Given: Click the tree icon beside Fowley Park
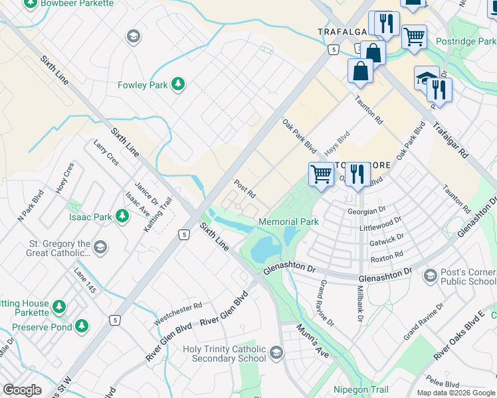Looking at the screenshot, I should (x=177, y=84).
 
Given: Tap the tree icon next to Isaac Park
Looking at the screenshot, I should (x=122, y=216).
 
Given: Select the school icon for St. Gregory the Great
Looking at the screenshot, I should (x=100, y=248).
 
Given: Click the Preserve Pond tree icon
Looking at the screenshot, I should (x=81, y=326).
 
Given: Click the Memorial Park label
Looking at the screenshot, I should (x=288, y=222).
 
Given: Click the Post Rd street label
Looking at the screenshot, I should (x=245, y=188).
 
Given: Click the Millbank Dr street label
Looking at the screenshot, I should (x=359, y=306).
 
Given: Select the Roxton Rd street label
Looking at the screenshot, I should (x=387, y=255).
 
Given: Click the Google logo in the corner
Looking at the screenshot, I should (x=23, y=389).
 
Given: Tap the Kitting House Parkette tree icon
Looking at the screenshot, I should (x=59, y=306).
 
